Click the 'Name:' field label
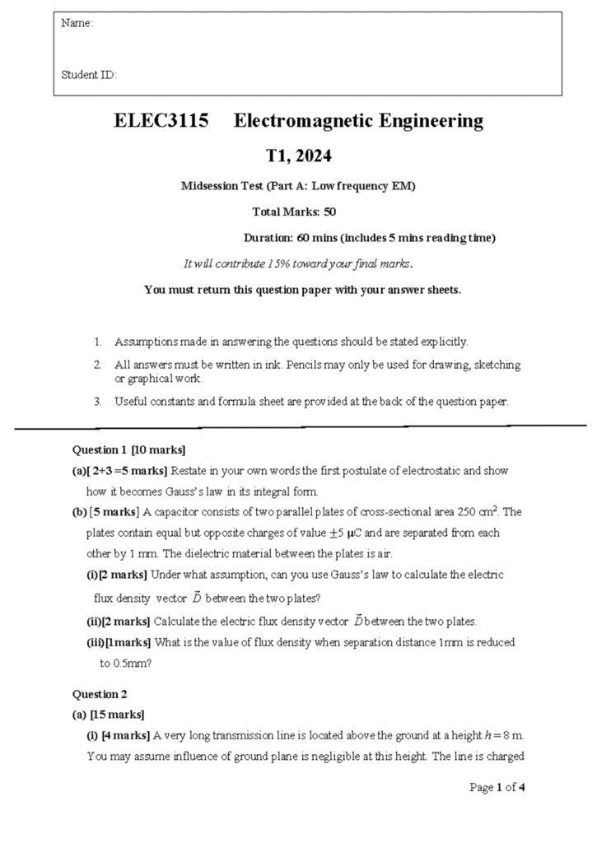pyautogui.click(x=77, y=24)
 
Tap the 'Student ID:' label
pyautogui.click(x=89, y=75)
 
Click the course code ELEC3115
pyautogui.click(x=161, y=122)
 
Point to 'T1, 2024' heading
pyautogui.click(x=298, y=156)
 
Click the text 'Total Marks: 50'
pyautogui.click(x=294, y=212)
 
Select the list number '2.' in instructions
pyautogui.click(x=97, y=364)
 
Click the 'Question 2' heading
pyautogui.click(x=100, y=694)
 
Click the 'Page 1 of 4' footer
pyautogui.click(x=497, y=787)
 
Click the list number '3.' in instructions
pyautogui.click(x=97, y=402)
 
